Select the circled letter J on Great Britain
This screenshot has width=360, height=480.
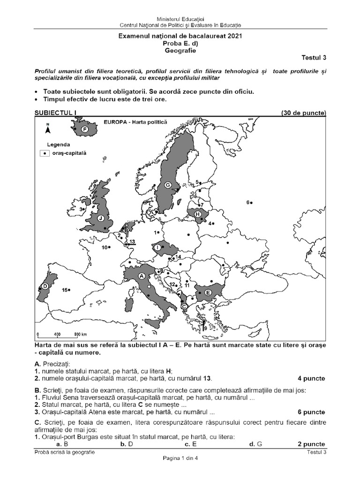100,218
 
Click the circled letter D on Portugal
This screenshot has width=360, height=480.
45,286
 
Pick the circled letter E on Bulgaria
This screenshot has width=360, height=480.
208,292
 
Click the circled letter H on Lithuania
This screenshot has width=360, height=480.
197,214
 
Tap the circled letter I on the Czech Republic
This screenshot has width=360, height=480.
157,247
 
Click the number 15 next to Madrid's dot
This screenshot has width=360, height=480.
65,290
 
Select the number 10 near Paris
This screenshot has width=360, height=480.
105,247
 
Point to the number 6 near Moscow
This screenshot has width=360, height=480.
247,202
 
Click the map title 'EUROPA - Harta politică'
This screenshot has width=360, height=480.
138,121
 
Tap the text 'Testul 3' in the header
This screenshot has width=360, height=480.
313,58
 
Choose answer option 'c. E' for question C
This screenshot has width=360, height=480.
190,443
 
